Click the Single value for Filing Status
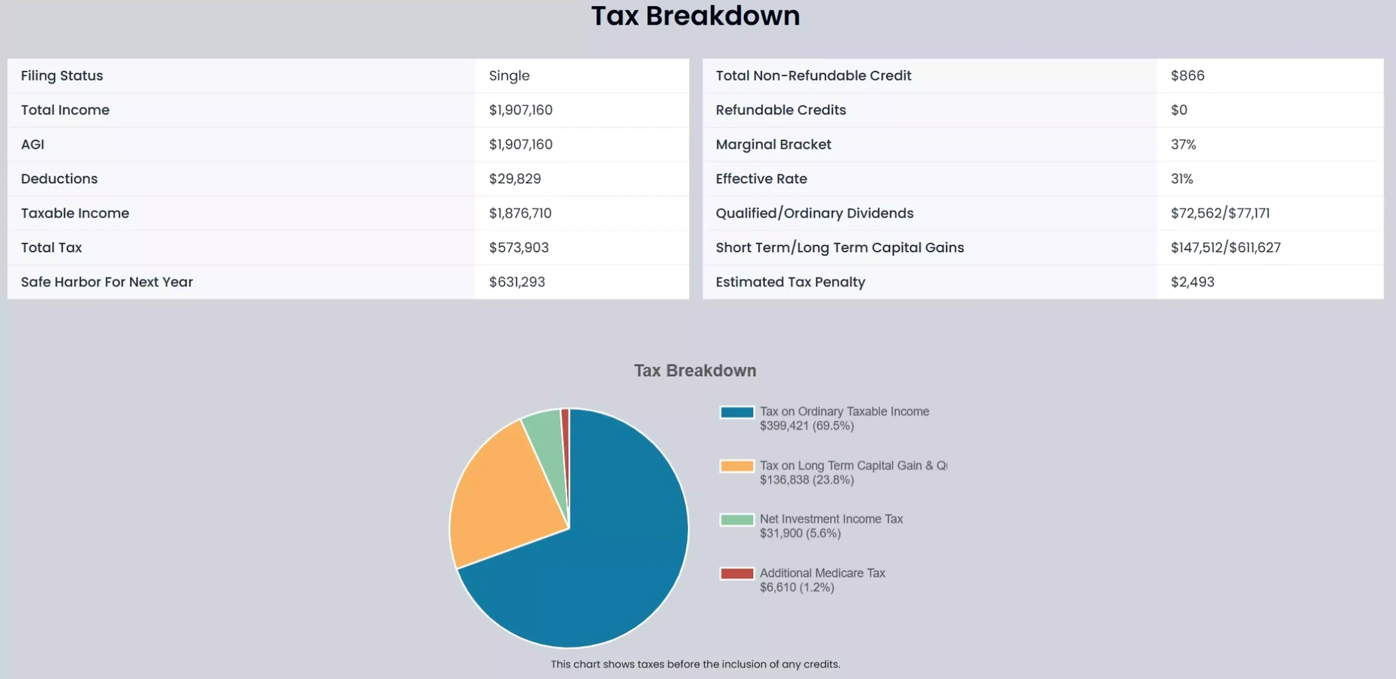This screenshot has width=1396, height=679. [509, 76]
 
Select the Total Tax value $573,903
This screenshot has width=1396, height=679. [519, 248]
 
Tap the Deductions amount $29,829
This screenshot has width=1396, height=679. [515, 179]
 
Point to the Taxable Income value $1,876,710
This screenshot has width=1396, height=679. [520, 213]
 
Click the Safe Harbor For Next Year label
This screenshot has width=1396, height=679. [107, 282]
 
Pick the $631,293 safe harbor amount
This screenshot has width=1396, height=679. [517, 282]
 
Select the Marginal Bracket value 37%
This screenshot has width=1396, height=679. [1183, 145]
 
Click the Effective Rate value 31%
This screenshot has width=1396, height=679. [1182, 179]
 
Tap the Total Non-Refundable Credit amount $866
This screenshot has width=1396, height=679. [1187, 76]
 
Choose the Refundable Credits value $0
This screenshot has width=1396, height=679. [1178, 110]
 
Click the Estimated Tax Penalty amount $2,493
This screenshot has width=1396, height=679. [1192, 282]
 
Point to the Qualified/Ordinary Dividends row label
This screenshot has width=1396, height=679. [814, 213]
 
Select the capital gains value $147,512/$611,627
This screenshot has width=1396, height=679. [1225, 248]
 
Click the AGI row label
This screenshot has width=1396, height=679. [33, 145]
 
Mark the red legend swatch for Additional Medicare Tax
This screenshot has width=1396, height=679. [737, 573]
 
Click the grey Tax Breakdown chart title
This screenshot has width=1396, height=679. [695, 371]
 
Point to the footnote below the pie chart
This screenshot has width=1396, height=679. [695, 664]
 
